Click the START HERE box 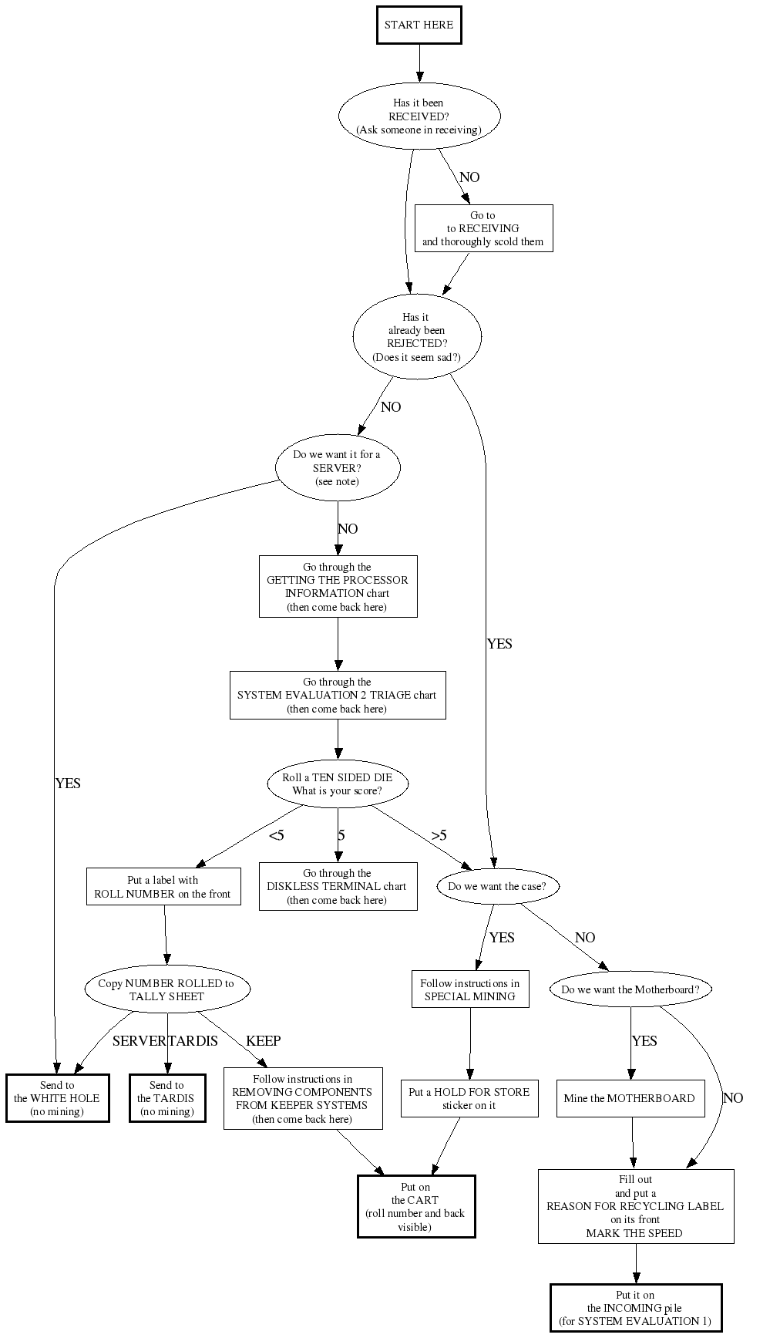point(419,25)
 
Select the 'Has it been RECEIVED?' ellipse point(419,116)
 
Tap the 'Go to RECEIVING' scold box point(483,228)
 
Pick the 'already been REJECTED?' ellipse point(417,336)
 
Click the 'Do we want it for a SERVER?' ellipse point(338,467)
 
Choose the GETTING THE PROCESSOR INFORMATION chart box point(338,587)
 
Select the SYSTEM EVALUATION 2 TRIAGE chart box point(338,696)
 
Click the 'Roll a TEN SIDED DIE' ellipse point(338,784)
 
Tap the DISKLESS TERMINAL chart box point(338,887)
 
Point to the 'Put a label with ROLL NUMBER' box point(163,887)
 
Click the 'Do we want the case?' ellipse point(497,886)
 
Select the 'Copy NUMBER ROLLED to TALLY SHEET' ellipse point(167,989)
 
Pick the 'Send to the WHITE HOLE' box point(57,1098)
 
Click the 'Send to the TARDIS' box point(167,1098)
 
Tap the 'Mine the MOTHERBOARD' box point(630,1098)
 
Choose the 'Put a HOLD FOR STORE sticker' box point(469,1098)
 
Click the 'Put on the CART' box point(416,1207)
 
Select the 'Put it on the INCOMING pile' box point(636,1308)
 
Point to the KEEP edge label point(263,1041)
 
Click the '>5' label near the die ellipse point(439,835)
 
